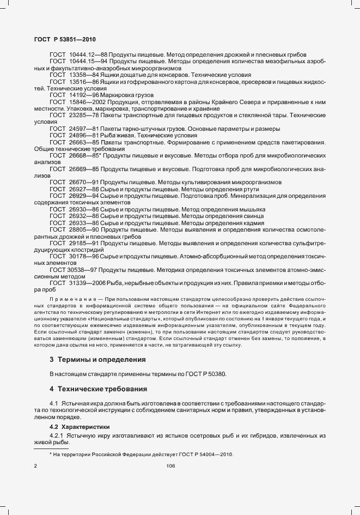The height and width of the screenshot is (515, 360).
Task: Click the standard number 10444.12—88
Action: tap(88, 56)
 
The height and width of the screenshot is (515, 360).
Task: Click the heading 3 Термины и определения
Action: tap(97, 360)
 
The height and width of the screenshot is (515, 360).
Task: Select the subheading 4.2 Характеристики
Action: tap(80, 427)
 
